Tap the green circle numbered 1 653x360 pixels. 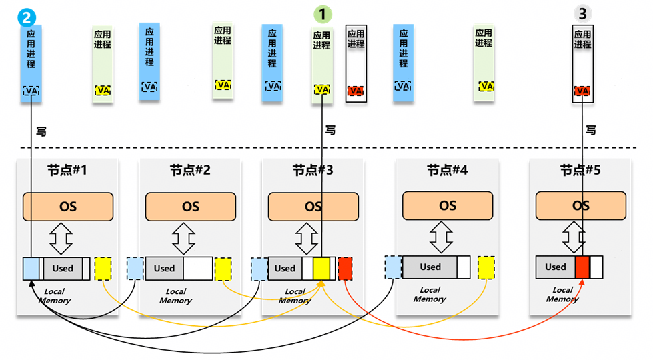(x=322, y=13)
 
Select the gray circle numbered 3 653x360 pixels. (x=582, y=13)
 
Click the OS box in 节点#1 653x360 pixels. (x=68, y=207)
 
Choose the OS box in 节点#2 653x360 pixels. (x=191, y=207)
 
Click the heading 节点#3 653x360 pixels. (x=313, y=171)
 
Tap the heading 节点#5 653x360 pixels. (x=580, y=171)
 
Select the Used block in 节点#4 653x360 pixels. (x=430, y=267)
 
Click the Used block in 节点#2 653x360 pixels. (x=164, y=268)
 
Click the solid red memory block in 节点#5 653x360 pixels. (x=582, y=267)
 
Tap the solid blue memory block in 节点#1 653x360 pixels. (x=31, y=268)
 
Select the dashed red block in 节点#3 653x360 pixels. (x=345, y=268)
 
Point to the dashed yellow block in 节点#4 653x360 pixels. (x=486, y=267)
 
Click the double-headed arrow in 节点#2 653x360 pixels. (x=183, y=238)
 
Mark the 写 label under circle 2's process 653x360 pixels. (x=41, y=131)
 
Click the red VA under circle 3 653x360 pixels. (x=582, y=91)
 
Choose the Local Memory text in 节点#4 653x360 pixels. (x=430, y=295)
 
